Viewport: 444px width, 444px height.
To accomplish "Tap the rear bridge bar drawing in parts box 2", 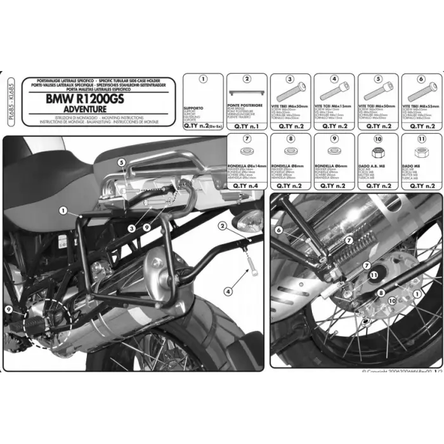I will click(x=246, y=93).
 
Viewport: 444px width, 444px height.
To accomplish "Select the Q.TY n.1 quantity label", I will click(x=246, y=127).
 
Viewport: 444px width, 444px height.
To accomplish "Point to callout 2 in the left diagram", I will click(x=223, y=225).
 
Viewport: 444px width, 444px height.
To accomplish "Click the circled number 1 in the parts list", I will click(x=202, y=80).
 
